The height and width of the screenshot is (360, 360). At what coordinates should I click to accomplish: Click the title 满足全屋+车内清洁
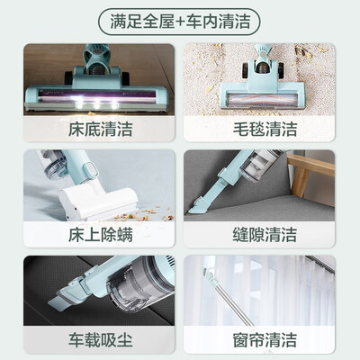(180, 22)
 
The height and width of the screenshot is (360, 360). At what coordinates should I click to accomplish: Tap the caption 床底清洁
(101, 129)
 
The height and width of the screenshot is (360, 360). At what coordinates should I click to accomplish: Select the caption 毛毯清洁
(265, 129)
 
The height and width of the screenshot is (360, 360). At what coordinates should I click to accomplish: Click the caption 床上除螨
(101, 235)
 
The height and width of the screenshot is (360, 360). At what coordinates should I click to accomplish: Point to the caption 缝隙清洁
(265, 235)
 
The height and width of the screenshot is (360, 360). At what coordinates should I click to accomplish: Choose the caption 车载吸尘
(101, 340)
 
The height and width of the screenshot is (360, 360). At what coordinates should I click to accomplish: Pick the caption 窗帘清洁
(265, 340)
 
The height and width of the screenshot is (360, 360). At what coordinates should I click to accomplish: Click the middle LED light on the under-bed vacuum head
(97, 105)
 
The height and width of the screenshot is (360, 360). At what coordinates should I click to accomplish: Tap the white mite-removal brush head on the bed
(98, 202)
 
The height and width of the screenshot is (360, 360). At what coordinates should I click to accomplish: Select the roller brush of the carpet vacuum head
(263, 100)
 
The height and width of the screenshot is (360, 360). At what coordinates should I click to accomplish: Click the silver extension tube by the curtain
(235, 303)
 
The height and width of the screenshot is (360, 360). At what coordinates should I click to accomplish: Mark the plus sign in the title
(180, 22)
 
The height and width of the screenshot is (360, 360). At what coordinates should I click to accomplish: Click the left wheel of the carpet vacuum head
(246, 70)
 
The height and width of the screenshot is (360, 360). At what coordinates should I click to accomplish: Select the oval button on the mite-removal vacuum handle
(93, 170)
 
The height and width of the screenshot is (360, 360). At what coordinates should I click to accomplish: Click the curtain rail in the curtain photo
(319, 265)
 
